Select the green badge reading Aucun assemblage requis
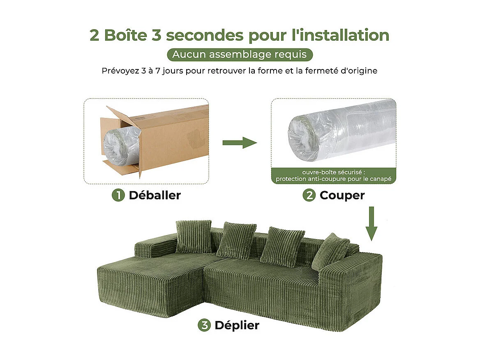click(x=240, y=55)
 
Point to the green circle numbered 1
click(x=118, y=195)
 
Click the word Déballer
click(x=155, y=195)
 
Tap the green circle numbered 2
click(x=309, y=195)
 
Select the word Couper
click(x=342, y=195)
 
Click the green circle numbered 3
click(x=204, y=325)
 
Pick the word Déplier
click(x=237, y=325)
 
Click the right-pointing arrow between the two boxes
click(x=240, y=143)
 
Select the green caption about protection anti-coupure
click(x=333, y=175)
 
